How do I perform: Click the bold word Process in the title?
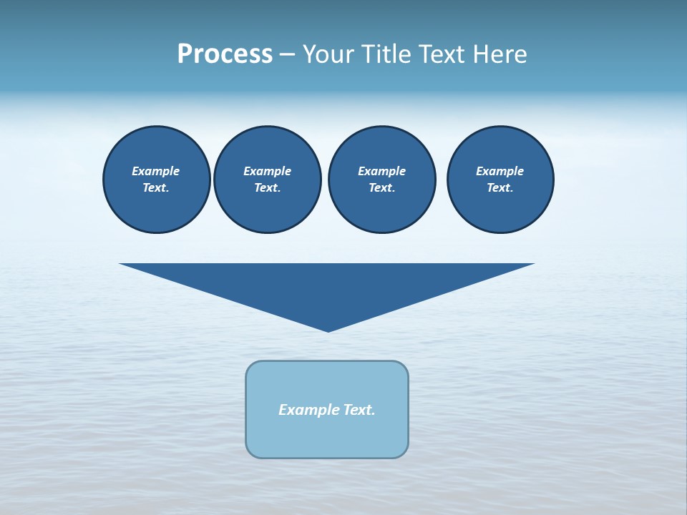click(x=225, y=54)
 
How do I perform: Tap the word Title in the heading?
click(x=387, y=54)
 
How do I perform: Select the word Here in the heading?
click(x=498, y=54)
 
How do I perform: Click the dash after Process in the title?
click(x=287, y=55)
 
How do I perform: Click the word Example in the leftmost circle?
click(x=156, y=171)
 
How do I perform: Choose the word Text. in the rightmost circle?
click(x=500, y=188)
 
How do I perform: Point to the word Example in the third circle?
click(x=381, y=171)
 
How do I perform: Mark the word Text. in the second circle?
click(x=267, y=188)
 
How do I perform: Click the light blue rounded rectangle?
click(x=327, y=436)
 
